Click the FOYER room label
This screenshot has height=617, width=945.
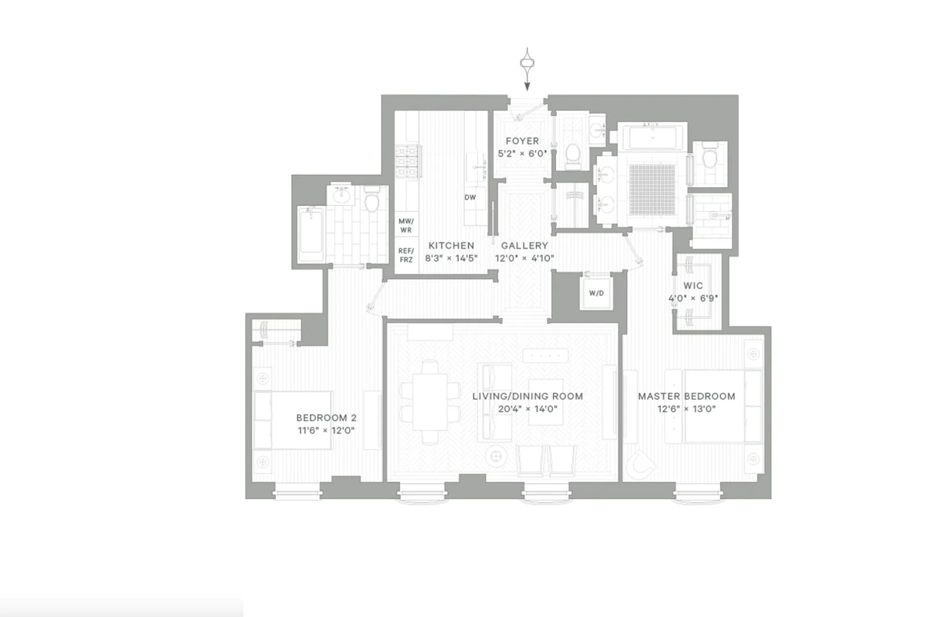(522, 141)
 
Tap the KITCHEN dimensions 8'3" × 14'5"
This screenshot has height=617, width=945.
(451, 258)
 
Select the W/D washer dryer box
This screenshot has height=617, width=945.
(596, 293)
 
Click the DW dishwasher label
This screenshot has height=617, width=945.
(470, 198)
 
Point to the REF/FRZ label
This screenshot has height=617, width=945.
(406, 255)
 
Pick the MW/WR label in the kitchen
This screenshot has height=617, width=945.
(406, 226)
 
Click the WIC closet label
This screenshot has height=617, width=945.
(693, 286)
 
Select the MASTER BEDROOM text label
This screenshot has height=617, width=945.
(686, 396)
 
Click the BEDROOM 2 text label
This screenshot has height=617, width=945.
(326, 418)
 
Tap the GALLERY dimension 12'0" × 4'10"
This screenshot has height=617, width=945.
(524, 258)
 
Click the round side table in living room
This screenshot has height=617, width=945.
(496, 456)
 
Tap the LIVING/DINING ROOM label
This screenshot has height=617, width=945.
(527, 396)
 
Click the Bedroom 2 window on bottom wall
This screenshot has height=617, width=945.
(297, 491)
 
